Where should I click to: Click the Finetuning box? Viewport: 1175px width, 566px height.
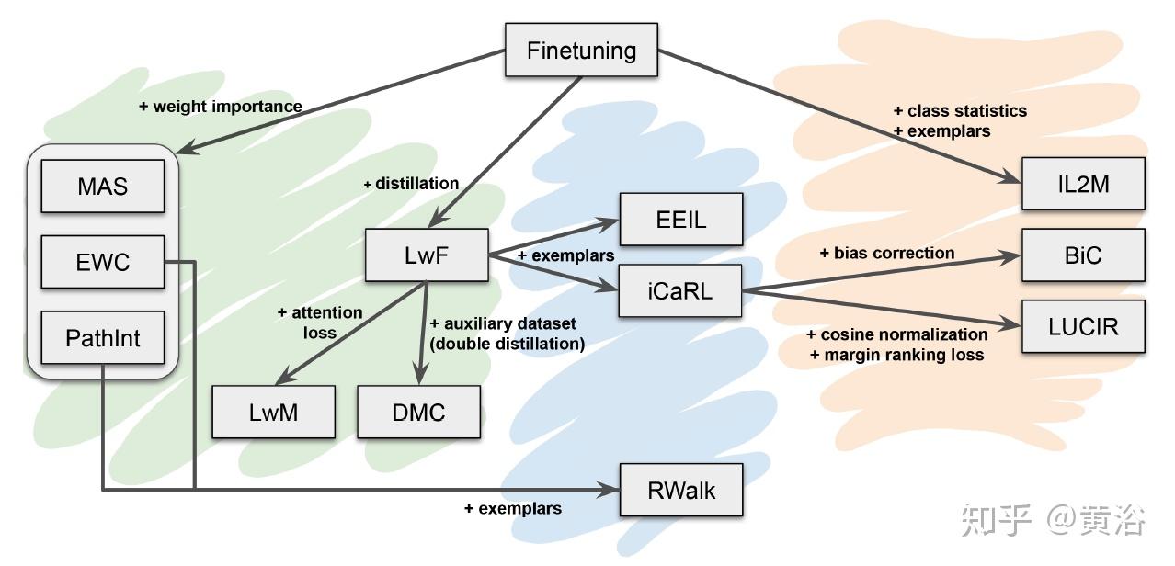coord(582,50)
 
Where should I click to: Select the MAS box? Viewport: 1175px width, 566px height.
coord(103,187)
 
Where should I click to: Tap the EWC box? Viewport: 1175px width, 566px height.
coord(103,263)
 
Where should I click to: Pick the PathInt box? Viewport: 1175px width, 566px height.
coord(103,337)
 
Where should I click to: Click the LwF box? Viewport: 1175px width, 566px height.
coord(427,255)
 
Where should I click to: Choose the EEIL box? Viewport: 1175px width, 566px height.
coord(680,219)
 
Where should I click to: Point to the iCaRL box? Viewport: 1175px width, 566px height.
coord(679,290)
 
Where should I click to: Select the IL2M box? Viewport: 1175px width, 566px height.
coord(1084,184)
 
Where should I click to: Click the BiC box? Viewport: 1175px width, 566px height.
coord(1084,255)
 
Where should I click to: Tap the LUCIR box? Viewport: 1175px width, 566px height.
coord(1084,326)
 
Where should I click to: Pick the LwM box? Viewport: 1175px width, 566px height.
coord(274,411)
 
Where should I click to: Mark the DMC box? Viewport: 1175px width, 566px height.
coord(419,411)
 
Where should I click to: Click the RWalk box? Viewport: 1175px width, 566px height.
coord(680,490)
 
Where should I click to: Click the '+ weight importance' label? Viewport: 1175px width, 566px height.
coord(221,107)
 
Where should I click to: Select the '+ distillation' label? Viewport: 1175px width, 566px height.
coord(411,184)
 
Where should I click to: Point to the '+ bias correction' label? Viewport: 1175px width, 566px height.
coord(887,253)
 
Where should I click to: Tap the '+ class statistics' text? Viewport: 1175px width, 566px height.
coord(960,110)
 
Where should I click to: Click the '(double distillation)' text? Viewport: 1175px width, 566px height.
coord(508,344)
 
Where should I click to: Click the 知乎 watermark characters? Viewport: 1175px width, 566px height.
coord(997,521)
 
